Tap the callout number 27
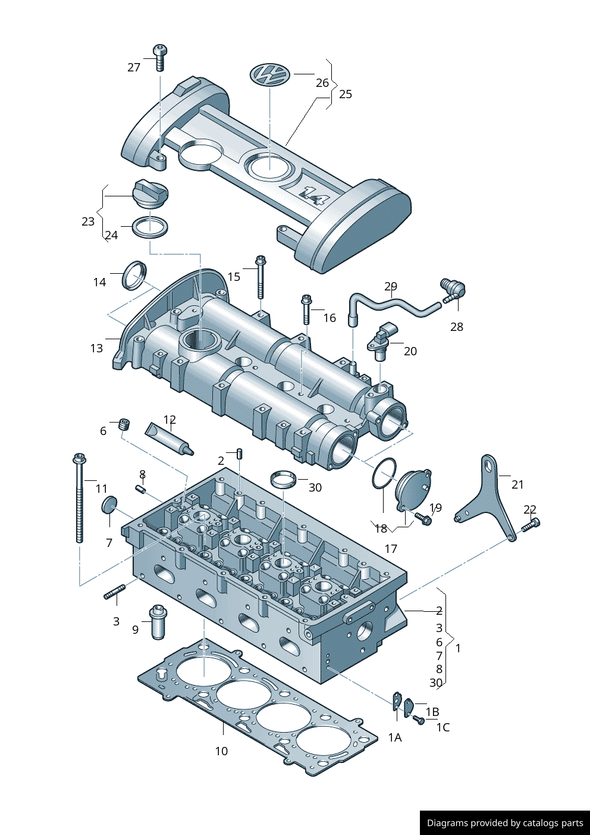point(134,67)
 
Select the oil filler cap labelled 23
point(149,194)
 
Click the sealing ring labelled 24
point(150,227)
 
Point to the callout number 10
point(221,751)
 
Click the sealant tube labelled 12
point(170,438)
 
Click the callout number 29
point(391,286)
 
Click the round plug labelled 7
point(109,505)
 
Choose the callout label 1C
point(442,727)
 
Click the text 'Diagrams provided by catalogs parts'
point(505,823)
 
